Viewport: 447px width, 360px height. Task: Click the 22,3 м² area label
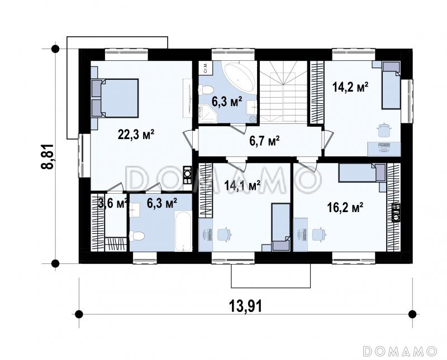136,134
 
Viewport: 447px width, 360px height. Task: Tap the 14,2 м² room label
350,87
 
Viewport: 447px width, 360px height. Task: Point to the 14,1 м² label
242,185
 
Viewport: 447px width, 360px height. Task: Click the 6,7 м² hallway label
264,141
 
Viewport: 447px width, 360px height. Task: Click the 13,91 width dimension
245,306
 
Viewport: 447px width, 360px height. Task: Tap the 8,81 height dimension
47,157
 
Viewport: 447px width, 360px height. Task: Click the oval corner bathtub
240,77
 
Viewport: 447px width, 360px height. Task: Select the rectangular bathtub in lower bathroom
183,231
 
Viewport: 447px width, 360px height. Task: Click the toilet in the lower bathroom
136,236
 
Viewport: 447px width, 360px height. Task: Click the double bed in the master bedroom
115,98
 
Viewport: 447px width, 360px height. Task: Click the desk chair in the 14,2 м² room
384,130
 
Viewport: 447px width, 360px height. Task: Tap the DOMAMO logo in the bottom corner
400,351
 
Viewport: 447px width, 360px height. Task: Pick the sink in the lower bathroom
134,209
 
